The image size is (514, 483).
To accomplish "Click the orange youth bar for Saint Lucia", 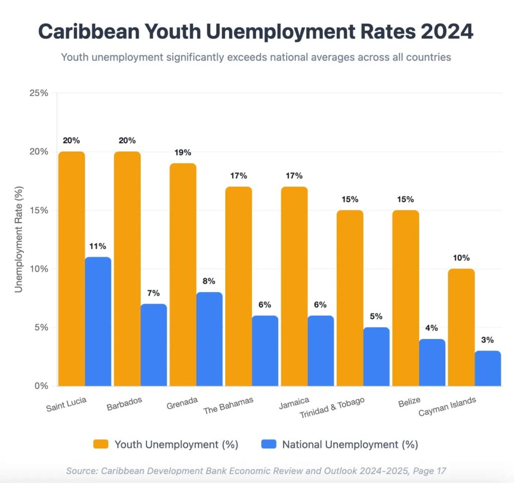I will (x=72, y=269).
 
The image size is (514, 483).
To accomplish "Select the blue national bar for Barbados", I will (x=154, y=345).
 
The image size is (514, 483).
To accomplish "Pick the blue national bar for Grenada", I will (x=209, y=339).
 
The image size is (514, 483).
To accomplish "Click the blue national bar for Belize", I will (x=432, y=363).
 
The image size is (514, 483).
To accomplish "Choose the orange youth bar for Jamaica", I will (x=295, y=286).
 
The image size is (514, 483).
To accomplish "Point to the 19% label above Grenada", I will (x=183, y=153).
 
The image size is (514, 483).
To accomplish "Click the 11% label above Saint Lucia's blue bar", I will (x=98, y=246).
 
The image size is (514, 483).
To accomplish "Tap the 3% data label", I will (x=487, y=340).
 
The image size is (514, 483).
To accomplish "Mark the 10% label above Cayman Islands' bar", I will (x=461, y=258).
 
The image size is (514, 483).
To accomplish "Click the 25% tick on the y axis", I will (x=38, y=93).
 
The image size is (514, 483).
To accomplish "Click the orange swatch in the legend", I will (x=101, y=444).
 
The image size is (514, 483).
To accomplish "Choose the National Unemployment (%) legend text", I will (x=350, y=444).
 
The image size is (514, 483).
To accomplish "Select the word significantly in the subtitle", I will (x=199, y=57).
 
